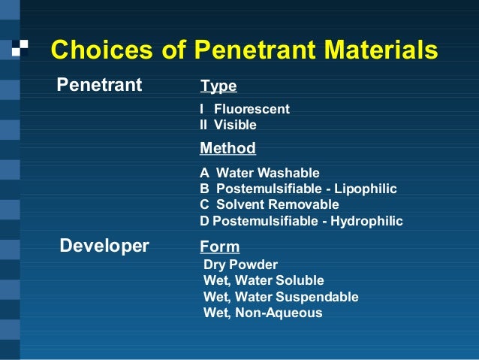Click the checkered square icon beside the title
click(20, 48)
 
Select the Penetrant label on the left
click(100, 85)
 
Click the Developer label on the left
click(104, 246)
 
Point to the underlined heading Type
click(218, 86)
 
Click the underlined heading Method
click(227, 148)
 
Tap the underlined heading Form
click(219, 247)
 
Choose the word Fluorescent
click(252, 109)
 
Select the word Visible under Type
click(235, 125)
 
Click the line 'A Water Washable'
click(259, 173)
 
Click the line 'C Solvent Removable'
click(269, 204)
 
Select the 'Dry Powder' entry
click(240, 265)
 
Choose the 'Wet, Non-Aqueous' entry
click(263, 313)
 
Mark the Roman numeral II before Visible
click(203, 125)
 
